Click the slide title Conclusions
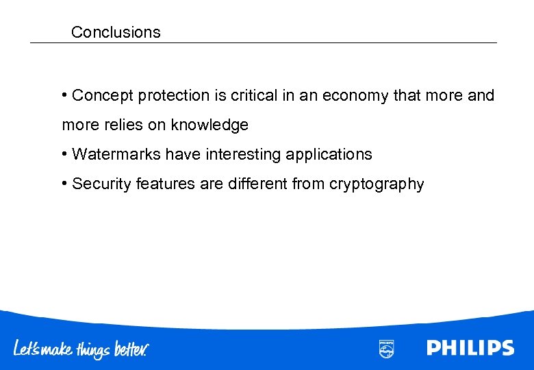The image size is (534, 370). tap(116, 32)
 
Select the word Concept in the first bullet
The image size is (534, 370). tap(103, 96)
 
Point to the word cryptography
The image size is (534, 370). tap(377, 184)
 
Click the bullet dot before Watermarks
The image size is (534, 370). tap(64, 154)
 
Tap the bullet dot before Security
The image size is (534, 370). tap(64, 184)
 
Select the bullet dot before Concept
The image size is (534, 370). tap(64, 95)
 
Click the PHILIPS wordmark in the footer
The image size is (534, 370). tap(470, 348)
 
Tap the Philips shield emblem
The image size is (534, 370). tap(386, 348)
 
